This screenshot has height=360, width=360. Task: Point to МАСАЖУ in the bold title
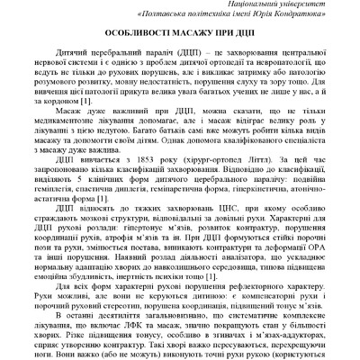coord(193,41)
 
